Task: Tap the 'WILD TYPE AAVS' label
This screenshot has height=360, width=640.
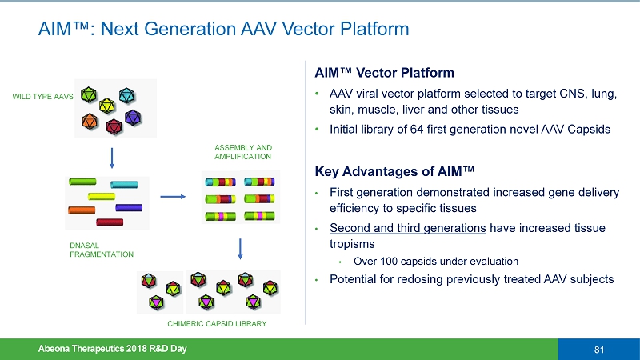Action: pyautogui.click(x=42, y=97)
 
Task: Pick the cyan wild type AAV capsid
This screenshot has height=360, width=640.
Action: pyautogui.click(x=126, y=95)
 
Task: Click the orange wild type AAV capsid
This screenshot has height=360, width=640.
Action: pyautogui.click(x=90, y=121)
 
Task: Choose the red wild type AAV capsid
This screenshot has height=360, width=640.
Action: pyautogui.click(x=114, y=126)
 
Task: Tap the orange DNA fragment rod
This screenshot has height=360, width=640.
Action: pyautogui.click(x=82, y=210)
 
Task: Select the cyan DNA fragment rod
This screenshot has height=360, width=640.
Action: pyautogui.click(x=124, y=185)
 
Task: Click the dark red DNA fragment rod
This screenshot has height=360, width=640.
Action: pyautogui.click(x=110, y=222)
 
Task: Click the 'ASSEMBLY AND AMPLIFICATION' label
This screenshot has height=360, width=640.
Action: pyautogui.click(x=243, y=152)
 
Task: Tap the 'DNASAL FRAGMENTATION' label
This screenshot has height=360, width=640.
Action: pyautogui.click(x=100, y=249)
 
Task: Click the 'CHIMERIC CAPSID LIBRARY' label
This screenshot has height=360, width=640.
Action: pyautogui.click(x=216, y=323)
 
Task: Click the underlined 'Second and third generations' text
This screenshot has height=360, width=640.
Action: pyautogui.click(x=408, y=229)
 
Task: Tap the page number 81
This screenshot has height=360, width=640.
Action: pyautogui.click(x=598, y=349)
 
